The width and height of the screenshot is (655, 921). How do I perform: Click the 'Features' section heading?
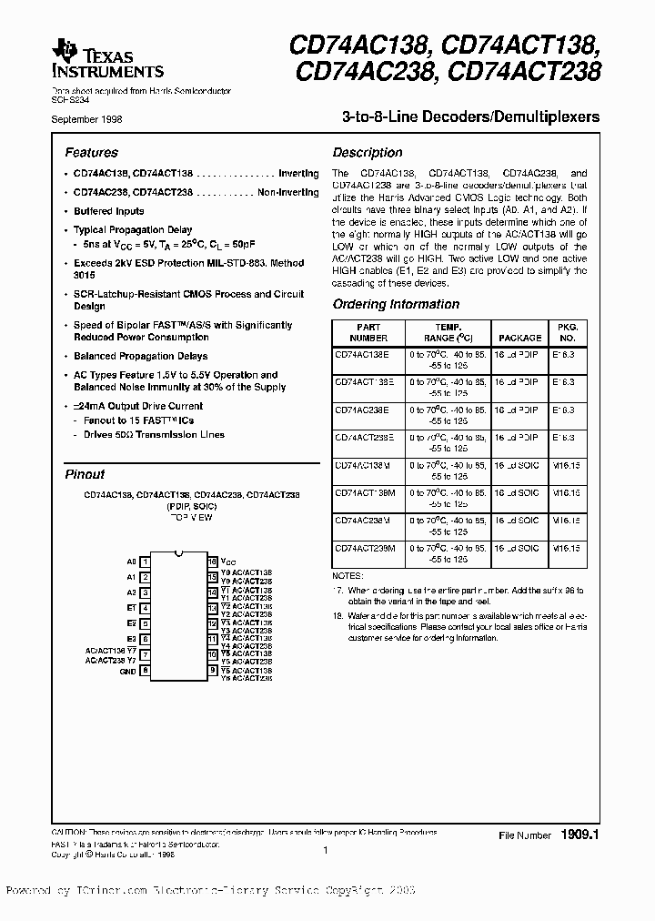coord(91,153)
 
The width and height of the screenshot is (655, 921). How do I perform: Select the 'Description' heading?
coord(367,153)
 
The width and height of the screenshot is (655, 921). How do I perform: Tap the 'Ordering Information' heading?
coord(396,304)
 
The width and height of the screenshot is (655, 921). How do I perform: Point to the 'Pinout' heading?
coord(85,474)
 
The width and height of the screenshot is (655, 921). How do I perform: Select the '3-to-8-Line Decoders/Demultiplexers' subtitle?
coord(470,117)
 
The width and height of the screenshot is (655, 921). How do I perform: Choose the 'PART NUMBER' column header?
coord(368,332)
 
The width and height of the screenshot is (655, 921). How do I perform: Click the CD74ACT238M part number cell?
coord(365,548)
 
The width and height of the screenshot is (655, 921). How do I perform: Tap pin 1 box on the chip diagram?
coord(146,562)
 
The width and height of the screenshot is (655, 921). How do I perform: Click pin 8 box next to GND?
coord(146,671)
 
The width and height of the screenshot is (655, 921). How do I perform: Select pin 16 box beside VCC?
coord(213,562)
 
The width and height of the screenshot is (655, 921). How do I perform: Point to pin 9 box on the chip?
coord(213,671)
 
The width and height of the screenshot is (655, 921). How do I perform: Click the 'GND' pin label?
coord(128,672)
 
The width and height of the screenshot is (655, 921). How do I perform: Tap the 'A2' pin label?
coord(131,592)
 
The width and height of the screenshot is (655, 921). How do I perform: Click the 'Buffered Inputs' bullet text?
coord(108,211)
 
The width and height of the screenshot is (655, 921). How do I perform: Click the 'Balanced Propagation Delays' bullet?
coord(140,356)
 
